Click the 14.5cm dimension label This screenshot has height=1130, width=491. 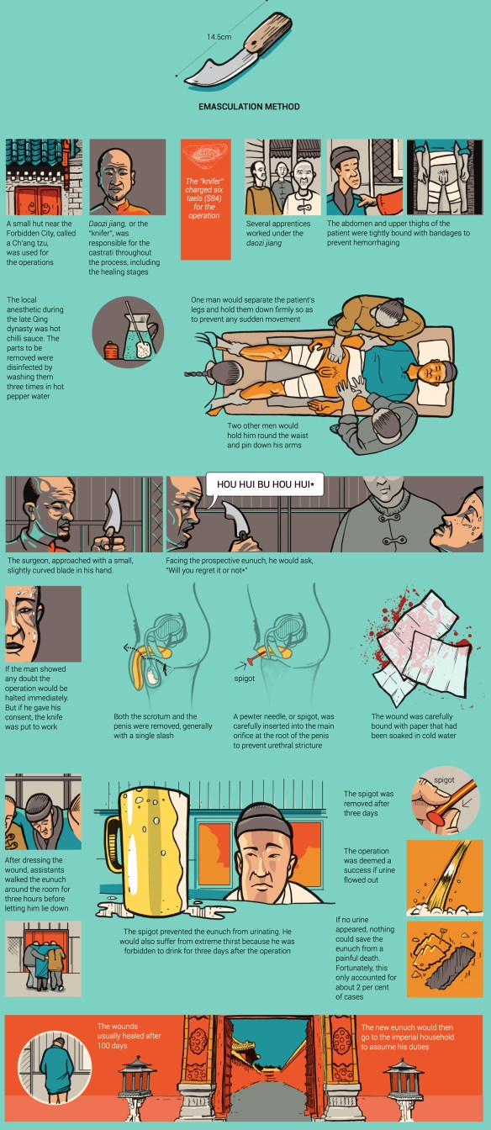[219, 37]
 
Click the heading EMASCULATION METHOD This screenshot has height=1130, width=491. [249, 107]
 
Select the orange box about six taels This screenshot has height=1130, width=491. [206, 199]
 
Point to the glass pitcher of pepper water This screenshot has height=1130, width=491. [138, 336]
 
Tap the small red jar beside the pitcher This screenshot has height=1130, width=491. [111, 350]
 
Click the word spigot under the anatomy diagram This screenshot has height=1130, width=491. [244, 679]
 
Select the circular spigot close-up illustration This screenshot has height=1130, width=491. [444, 800]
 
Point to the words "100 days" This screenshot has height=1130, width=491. [113, 1045]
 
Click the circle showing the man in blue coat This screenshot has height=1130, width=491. [55, 1068]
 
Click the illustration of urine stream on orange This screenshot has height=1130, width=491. [445, 879]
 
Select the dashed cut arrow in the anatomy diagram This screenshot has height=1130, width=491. [145, 654]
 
